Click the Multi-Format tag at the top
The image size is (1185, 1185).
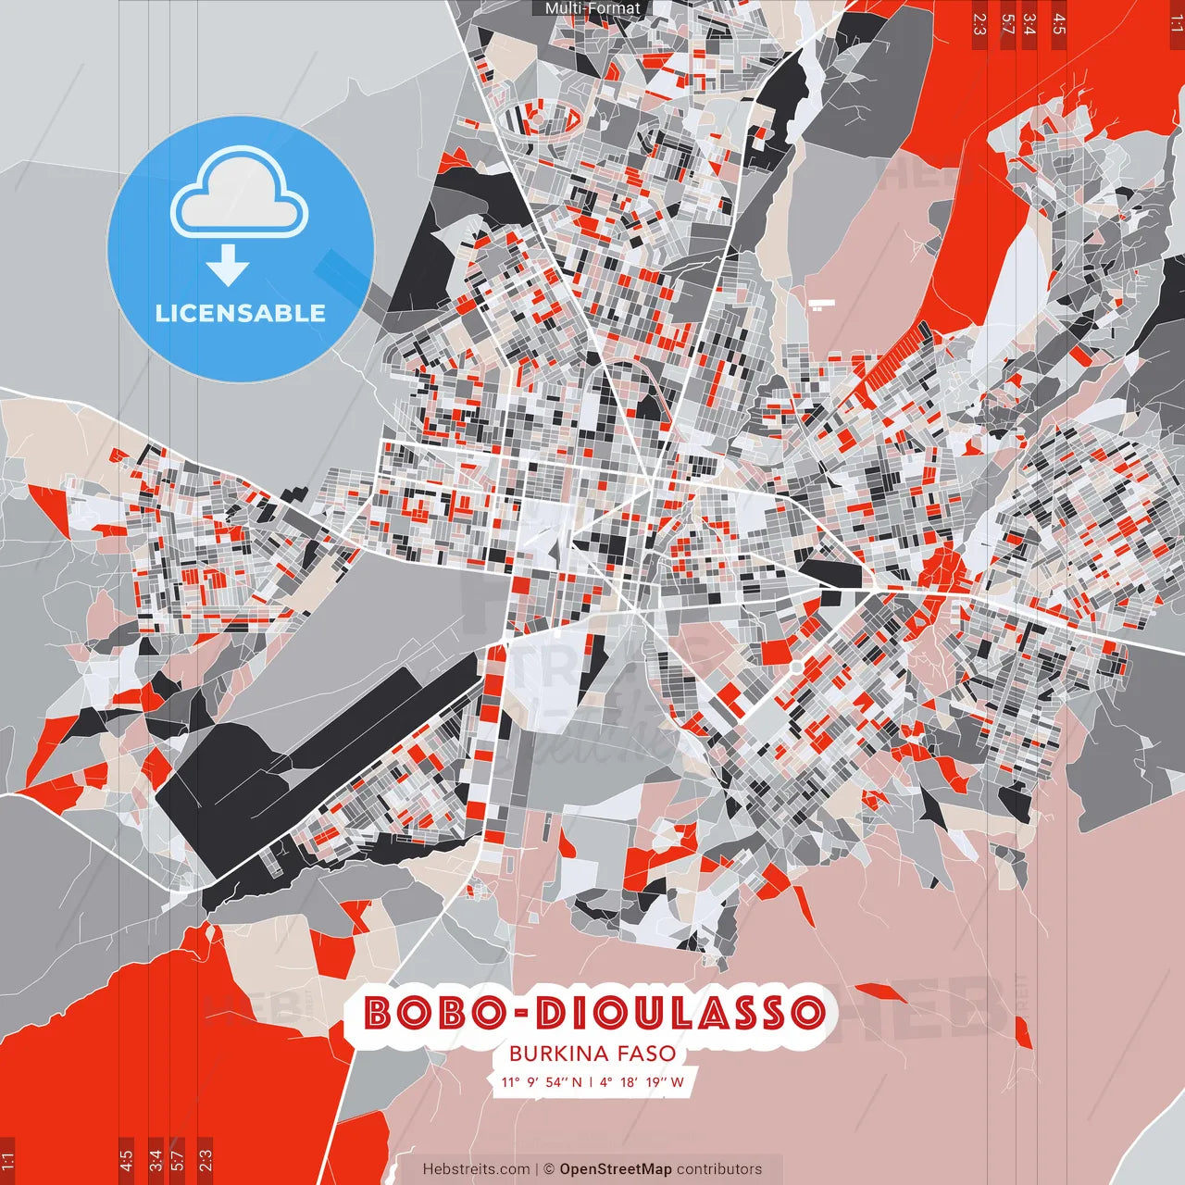point(592,8)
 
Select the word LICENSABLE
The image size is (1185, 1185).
point(241,314)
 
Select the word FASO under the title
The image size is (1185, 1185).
point(646,1054)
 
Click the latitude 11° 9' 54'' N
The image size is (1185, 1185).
point(542,1081)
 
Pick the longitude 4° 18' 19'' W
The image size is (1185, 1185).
point(642,1081)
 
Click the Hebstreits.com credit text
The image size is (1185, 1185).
point(477,1169)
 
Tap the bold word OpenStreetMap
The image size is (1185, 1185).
point(616,1169)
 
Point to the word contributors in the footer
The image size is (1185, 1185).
point(719,1169)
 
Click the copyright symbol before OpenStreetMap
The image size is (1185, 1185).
point(549,1169)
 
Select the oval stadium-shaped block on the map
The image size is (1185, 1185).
point(539,118)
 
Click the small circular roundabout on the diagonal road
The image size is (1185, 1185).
point(796,667)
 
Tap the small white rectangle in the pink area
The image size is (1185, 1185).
point(821,304)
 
